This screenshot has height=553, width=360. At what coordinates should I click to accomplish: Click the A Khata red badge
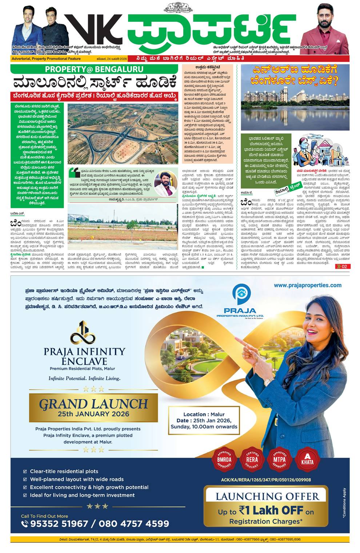point(307,458)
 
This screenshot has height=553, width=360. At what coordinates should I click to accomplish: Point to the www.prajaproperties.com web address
point(308,285)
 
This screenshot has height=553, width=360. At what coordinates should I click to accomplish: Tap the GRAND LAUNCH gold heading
point(93,404)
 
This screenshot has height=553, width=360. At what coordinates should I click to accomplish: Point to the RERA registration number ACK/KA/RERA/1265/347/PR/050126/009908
point(266,480)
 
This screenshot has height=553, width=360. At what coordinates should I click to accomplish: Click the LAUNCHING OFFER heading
point(267,496)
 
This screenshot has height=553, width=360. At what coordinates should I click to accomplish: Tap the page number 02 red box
point(343,267)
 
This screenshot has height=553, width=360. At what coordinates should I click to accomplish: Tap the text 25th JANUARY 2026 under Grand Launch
point(93,414)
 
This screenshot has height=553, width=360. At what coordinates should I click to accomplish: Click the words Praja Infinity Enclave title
point(84,356)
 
